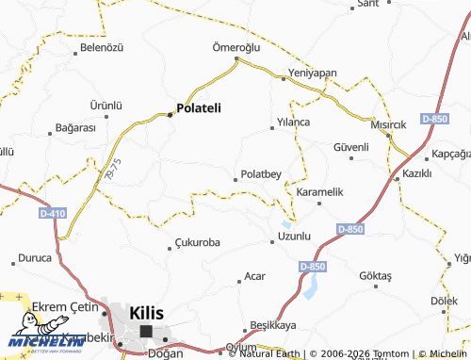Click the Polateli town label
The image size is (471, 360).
[199, 108]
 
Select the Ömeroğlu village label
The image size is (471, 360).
[235, 47]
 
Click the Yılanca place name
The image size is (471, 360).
[293, 123]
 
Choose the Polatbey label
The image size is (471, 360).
[262, 174]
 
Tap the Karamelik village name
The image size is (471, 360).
[320, 192]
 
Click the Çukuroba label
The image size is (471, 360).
[198, 242]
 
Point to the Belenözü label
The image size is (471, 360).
[102, 47]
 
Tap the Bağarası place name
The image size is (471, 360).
[76, 127]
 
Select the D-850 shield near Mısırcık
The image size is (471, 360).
[434, 118]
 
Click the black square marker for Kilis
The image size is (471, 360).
[146, 331]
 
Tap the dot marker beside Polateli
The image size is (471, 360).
[170, 114]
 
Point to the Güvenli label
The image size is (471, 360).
[350, 148]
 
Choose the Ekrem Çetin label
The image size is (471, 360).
[65, 308]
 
